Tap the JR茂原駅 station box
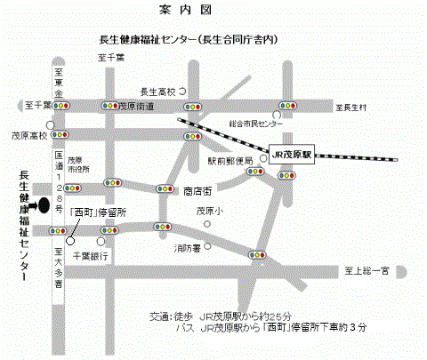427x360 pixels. (x=292, y=154)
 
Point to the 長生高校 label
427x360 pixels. (x=159, y=91)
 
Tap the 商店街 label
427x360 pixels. (x=197, y=190)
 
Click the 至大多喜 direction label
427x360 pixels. (x=57, y=264)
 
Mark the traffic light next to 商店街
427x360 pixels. (x=164, y=189)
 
